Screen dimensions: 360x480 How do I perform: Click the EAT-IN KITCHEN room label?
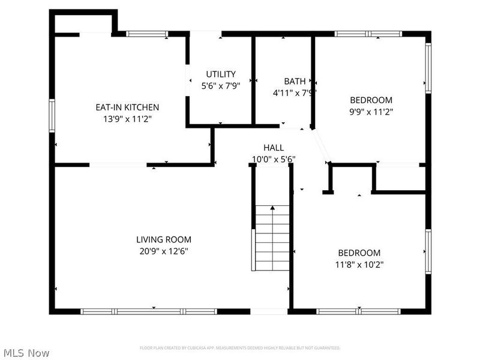[127, 107]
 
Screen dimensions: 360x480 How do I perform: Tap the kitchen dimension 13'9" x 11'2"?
[127, 119]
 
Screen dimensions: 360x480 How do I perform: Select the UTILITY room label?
[221, 74]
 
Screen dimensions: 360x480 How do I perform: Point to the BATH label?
[295, 82]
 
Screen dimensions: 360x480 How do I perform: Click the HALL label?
[274, 148]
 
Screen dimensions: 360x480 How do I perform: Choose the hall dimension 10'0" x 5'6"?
[274, 159]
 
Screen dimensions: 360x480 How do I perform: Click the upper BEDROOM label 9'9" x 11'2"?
[371, 100]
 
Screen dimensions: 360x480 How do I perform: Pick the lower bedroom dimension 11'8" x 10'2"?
[359, 264]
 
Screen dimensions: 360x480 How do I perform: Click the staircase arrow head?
[272, 208]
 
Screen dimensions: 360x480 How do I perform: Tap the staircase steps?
[272, 240]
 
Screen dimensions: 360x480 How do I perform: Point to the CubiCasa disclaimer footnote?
[240, 348]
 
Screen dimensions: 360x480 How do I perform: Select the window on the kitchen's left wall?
[52, 115]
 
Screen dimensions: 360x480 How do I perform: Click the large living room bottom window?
[149, 311]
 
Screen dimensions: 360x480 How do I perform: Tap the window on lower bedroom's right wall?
[428, 251]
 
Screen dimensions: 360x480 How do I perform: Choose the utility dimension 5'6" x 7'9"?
[221, 86]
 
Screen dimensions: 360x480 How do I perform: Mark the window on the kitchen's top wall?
[147, 34]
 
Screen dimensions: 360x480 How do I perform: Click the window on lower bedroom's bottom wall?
[358, 311]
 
